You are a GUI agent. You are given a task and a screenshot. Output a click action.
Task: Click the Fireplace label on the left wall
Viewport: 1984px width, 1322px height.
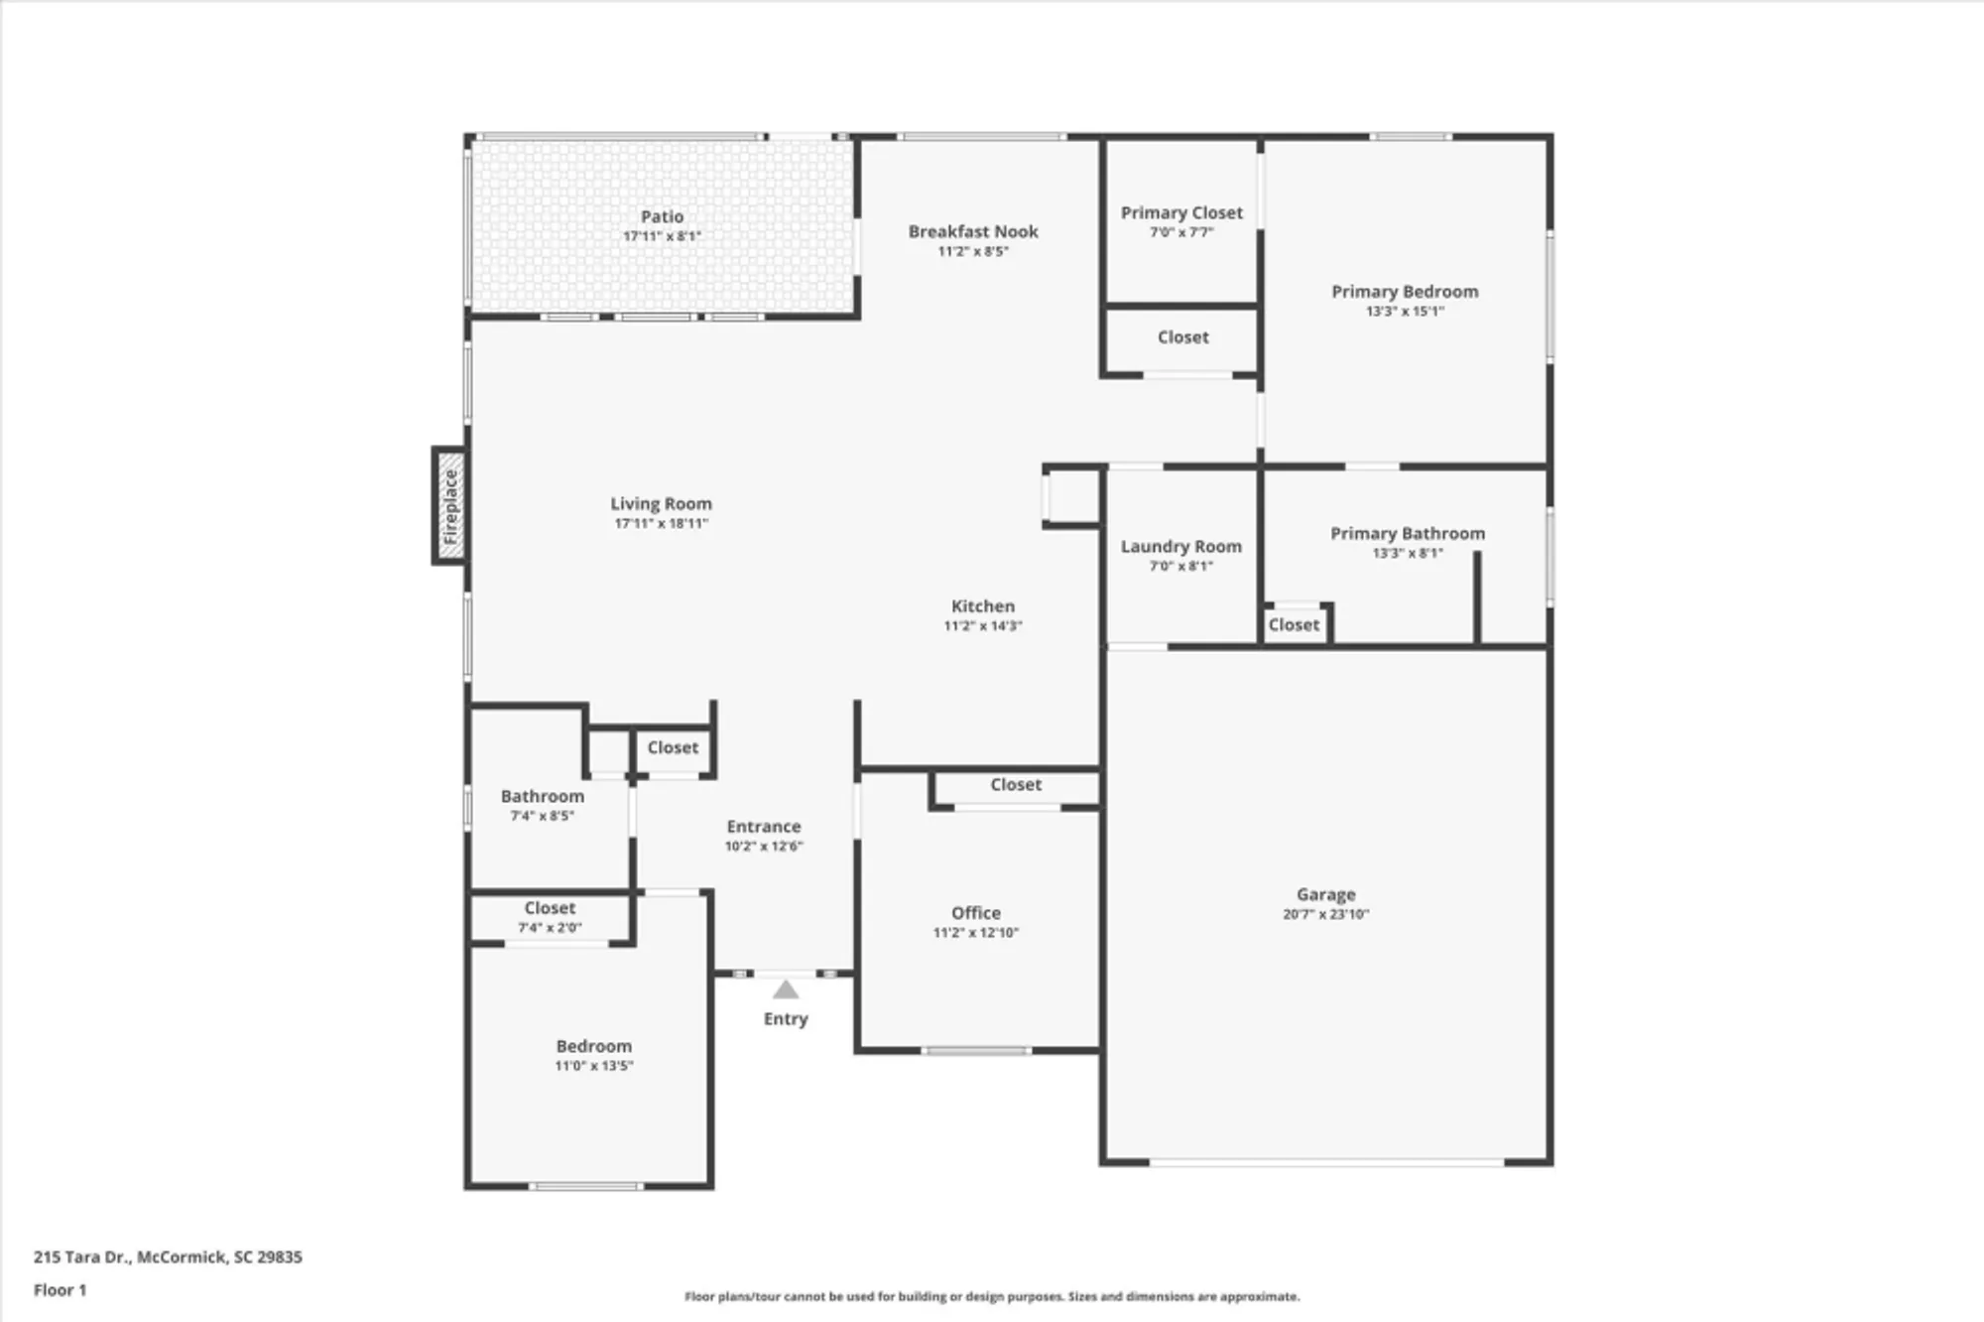(450, 506)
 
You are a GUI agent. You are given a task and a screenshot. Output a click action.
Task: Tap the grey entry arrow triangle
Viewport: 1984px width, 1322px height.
(786, 990)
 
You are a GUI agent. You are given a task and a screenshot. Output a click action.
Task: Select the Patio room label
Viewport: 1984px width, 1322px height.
(662, 216)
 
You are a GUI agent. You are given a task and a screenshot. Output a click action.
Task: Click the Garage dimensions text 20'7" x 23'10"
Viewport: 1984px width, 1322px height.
(1325, 914)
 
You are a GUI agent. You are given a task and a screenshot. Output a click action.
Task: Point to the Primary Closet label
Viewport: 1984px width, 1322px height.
(1181, 212)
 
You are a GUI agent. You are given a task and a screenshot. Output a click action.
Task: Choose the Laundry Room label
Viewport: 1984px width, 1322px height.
(1180, 546)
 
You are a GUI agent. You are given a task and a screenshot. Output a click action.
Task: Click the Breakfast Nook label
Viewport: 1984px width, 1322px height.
(973, 231)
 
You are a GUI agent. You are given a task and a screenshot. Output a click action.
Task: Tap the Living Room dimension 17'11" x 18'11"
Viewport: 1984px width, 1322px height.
(661, 523)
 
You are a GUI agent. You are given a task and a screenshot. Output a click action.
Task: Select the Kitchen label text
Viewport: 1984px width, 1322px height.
(982, 605)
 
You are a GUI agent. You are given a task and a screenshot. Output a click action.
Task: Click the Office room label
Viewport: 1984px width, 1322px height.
(975, 912)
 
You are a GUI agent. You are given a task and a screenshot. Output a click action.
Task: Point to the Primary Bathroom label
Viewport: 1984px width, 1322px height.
(1407, 533)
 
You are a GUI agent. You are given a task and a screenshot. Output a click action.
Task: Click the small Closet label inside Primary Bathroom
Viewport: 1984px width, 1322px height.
(1294, 624)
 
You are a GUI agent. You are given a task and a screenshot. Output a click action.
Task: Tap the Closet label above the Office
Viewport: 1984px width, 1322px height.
(1016, 784)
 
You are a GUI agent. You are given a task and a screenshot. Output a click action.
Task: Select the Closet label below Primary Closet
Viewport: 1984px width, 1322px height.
(1182, 337)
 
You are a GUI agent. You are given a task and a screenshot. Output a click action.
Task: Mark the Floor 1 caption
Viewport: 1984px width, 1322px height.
(60, 1290)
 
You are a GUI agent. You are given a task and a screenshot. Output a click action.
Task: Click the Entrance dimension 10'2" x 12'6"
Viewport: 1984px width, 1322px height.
(763, 846)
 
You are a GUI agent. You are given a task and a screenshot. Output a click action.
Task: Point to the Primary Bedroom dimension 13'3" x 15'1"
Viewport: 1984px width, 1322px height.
(1405, 311)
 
